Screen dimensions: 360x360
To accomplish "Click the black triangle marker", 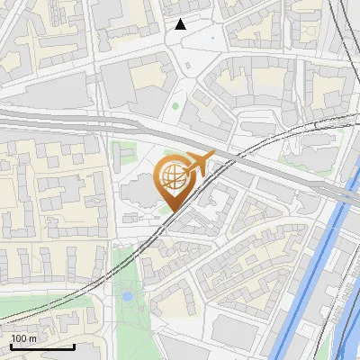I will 181,24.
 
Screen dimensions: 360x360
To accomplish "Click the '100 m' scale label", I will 23,338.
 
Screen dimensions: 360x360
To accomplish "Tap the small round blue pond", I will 128,294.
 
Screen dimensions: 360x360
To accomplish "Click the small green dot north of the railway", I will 175,106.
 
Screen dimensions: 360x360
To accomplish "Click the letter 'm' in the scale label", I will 32,338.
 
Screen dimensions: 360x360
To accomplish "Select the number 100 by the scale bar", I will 19,338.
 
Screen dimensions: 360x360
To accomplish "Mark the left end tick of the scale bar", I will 10,345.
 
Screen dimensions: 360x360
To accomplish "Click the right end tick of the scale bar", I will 75,345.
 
